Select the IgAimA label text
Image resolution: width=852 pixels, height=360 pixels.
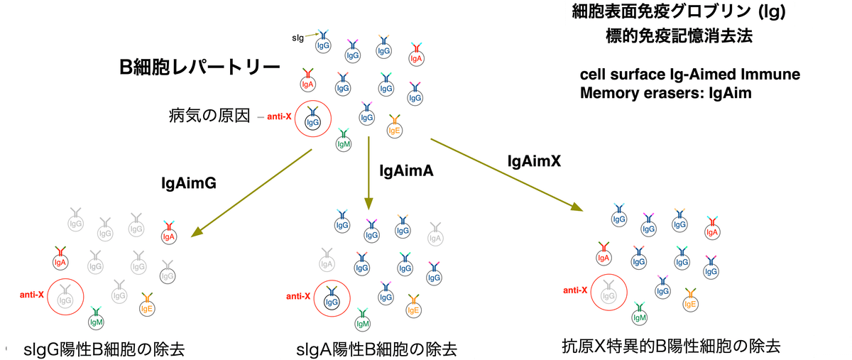[x=406, y=170]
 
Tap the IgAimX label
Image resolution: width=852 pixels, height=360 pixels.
[x=534, y=161]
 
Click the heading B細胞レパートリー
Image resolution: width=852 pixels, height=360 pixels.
[x=200, y=68]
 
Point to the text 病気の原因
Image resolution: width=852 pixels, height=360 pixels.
[x=209, y=116]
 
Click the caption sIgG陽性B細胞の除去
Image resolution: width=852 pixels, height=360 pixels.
[x=104, y=349]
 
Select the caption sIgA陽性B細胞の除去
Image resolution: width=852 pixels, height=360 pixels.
[x=376, y=349]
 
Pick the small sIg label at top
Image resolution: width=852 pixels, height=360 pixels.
[x=299, y=37]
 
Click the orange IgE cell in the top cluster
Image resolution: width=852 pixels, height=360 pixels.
[x=395, y=130]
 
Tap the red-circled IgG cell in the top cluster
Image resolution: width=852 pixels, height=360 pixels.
[x=313, y=122]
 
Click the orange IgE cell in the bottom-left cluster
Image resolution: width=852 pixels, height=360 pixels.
[x=147, y=308]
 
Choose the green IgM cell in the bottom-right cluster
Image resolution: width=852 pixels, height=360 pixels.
[x=639, y=317]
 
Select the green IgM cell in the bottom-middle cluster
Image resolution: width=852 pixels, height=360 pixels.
[x=363, y=324]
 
